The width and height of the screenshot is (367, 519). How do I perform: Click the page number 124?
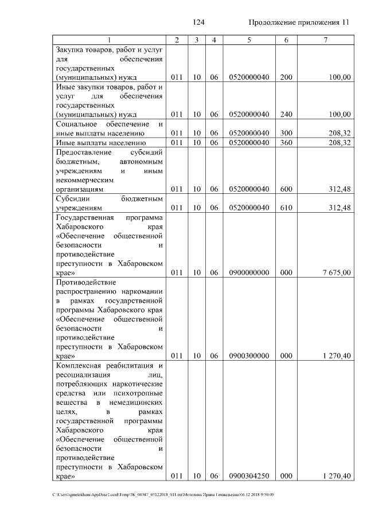click(199, 22)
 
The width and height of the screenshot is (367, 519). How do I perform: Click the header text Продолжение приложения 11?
click(299, 22)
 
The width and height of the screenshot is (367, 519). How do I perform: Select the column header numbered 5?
click(249, 40)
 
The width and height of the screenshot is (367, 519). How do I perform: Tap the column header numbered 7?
click(326, 40)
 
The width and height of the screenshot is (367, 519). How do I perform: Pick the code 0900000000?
click(249, 273)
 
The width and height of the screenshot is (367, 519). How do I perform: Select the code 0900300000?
click(249, 356)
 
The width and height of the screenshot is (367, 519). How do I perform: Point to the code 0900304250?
click(249, 476)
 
